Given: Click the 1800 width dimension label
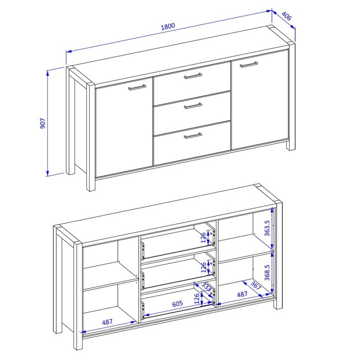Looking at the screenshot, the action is coord(168,26).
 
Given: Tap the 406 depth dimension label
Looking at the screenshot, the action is coord(286,16).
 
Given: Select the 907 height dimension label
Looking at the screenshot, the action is coord(43,123).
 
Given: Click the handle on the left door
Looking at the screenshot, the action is coord(137,87).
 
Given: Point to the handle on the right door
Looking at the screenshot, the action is coord(249,64).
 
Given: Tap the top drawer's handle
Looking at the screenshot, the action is coord(193,76).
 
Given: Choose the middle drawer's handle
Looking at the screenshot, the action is coord(193,106).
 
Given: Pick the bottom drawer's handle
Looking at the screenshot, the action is coord(193,136).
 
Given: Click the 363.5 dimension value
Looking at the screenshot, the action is coord(267,228).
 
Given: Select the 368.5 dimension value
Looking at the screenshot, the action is coord(267,273).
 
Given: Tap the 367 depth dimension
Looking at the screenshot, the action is coord(256,285).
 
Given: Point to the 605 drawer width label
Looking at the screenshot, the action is coord(177,303).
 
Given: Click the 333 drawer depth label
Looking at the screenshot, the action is coord(206,287).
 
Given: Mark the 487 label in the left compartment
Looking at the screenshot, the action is coord(107,322).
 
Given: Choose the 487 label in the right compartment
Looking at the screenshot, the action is coord(242,294).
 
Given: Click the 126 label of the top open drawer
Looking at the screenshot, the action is coord(204,238).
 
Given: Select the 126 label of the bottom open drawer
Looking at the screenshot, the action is coord(197,298).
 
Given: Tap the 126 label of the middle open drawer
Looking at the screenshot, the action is coord(204,267).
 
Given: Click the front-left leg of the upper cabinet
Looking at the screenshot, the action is coord(91,137).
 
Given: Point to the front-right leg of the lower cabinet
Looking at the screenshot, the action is coord(278,255).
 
